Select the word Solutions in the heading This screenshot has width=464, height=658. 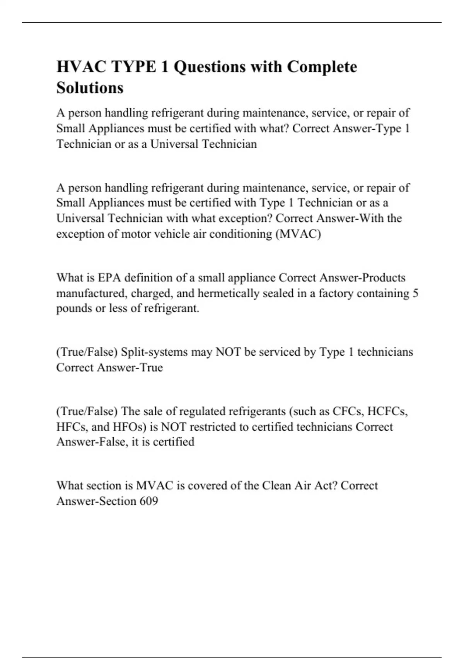pyautogui.click(x=90, y=88)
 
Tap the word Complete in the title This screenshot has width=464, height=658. pyautogui.click(x=322, y=67)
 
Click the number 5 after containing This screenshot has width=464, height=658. pyautogui.click(x=415, y=293)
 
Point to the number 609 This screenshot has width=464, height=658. pyautogui.click(x=149, y=501)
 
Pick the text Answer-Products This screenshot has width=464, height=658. pyautogui.click(x=361, y=278)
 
